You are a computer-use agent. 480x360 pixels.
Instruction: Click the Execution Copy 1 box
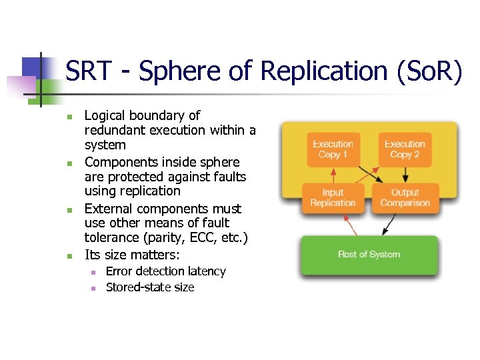pos(333,149)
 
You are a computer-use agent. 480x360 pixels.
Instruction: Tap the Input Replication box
pos(333,198)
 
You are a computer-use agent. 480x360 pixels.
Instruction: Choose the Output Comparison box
pos(405,198)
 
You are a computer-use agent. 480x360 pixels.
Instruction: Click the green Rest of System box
pos(369,255)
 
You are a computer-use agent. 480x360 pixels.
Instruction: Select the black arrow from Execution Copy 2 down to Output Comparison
pos(405,174)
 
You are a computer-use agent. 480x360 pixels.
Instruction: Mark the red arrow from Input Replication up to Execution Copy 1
pos(333,174)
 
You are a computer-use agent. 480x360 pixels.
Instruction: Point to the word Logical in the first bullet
pos(105,116)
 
